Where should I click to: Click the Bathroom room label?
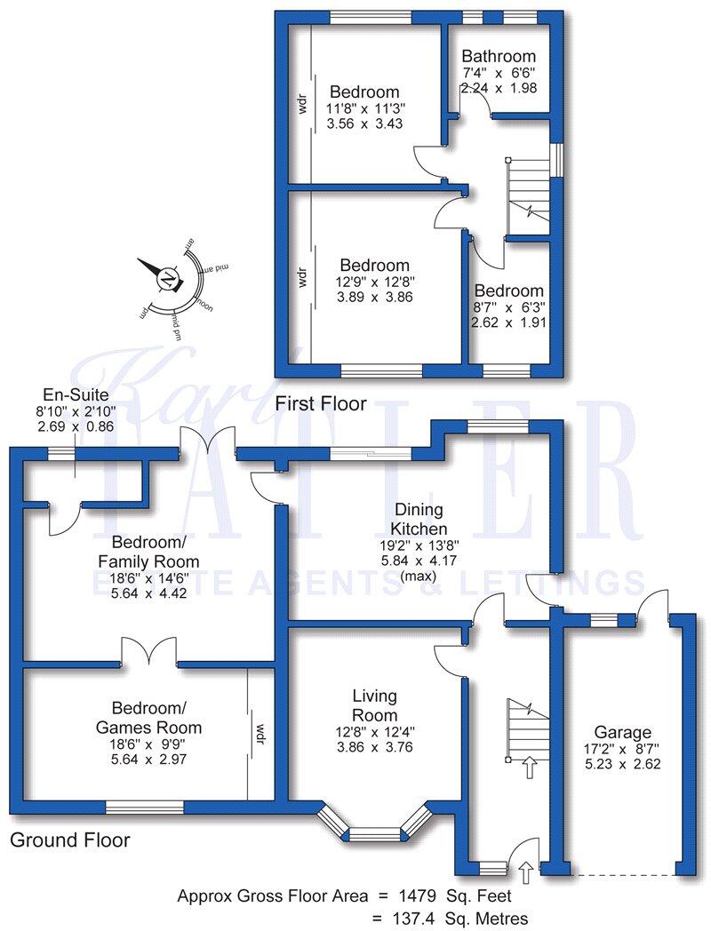[x=499, y=56]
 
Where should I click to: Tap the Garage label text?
[x=622, y=732]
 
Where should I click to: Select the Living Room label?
[x=374, y=705]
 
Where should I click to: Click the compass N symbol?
[x=166, y=280]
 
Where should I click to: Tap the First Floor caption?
[x=320, y=404]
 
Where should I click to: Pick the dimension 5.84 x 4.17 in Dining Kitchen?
[x=419, y=561]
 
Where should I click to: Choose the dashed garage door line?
[x=621, y=875]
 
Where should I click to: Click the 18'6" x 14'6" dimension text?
[x=149, y=577]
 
